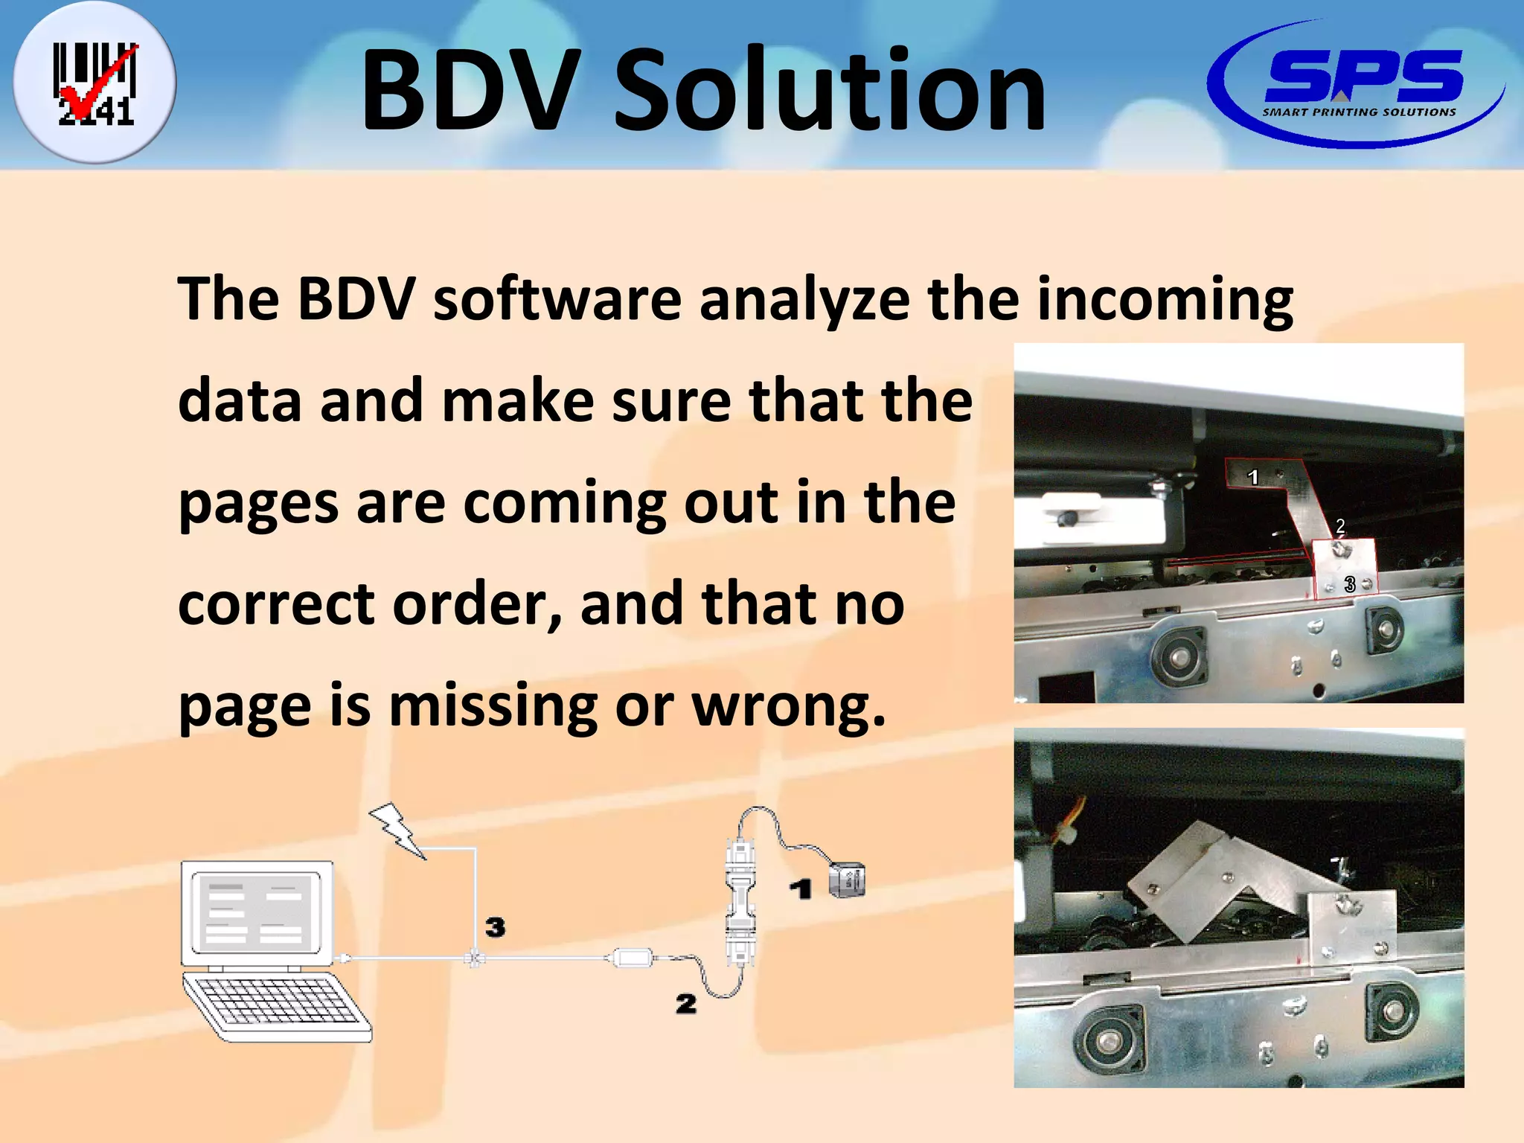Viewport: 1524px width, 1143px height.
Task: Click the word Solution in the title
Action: [830, 91]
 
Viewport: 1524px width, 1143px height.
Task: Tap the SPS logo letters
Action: [1363, 76]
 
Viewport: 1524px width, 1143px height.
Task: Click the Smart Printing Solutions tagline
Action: [1359, 112]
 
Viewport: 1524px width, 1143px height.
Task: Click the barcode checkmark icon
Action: [95, 83]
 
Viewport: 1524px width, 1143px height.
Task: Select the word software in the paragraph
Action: [557, 300]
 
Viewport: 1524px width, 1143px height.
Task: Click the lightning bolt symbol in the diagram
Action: [397, 830]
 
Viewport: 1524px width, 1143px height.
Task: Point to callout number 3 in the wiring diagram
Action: [495, 927]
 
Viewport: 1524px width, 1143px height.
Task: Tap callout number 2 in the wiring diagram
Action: [685, 1004]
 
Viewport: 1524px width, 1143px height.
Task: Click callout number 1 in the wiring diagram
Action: [800, 889]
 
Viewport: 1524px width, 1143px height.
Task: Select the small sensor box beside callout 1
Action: [848, 880]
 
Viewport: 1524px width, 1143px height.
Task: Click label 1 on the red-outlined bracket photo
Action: [1253, 477]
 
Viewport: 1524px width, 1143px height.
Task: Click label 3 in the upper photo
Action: [1350, 585]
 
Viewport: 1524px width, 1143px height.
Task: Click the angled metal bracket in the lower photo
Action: [1220, 886]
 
